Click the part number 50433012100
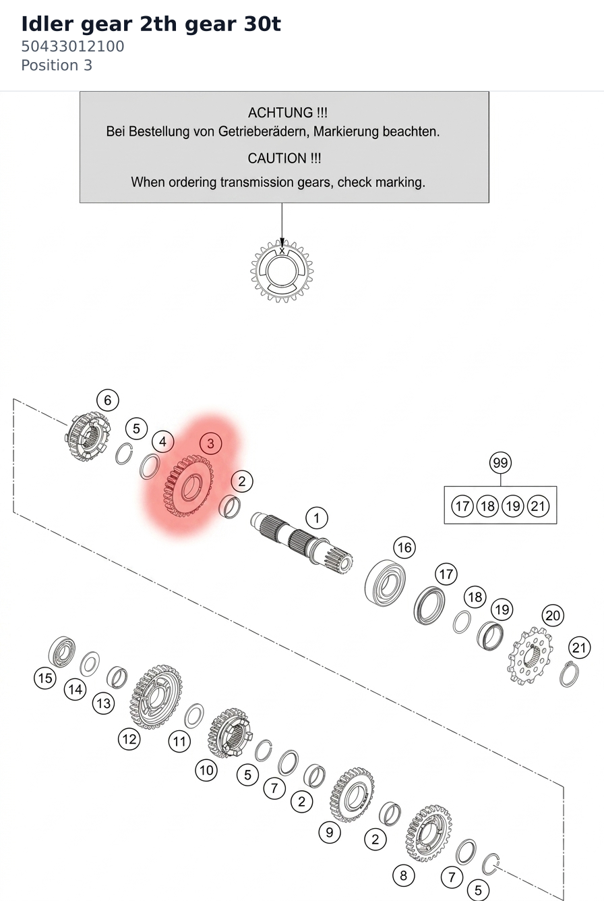coord(73,47)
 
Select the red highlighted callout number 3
coord(210,443)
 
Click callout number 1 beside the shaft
coord(317,518)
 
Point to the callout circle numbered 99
coord(500,462)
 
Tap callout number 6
coord(108,400)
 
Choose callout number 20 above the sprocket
coord(553,616)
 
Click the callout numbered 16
coord(404,547)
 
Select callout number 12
coord(129,739)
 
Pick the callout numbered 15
coord(45,678)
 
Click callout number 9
coord(330,832)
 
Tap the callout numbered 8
coord(404,875)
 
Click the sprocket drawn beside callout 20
coord(530,656)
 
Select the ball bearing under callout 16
coord(385,582)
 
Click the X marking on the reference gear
coord(282,251)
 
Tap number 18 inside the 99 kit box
coord(487,506)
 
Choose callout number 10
coord(206,770)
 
